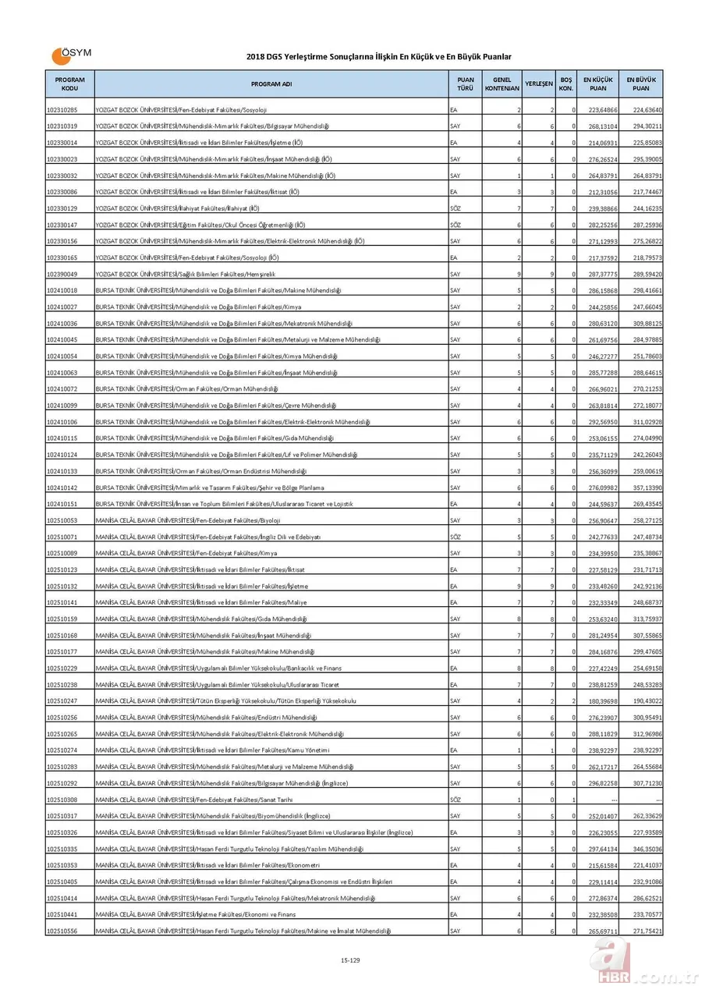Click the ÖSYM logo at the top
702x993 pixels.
click(71, 55)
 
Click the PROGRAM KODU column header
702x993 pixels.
click(69, 83)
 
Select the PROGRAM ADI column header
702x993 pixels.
click(271, 83)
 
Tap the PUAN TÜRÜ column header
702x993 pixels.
click(465, 83)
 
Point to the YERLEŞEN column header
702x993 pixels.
click(539, 83)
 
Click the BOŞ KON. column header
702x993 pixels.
click(566, 83)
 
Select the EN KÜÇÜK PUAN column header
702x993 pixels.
click(598, 83)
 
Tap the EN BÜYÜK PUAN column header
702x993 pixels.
click(641, 83)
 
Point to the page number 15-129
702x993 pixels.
click(350, 959)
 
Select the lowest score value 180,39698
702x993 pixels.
click(602, 701)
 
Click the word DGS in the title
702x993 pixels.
click(270, 56)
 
